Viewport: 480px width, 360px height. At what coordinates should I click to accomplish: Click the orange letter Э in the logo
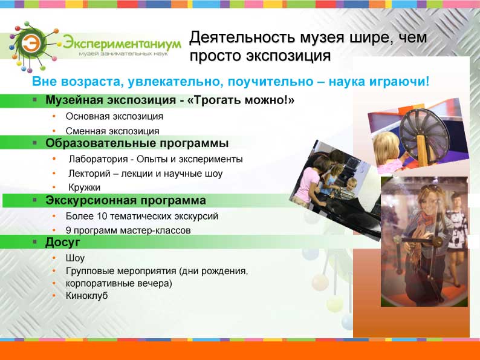[31, 43]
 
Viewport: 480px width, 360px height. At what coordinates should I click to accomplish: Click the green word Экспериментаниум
[122, 43]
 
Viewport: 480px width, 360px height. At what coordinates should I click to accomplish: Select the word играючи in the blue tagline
[399, 82]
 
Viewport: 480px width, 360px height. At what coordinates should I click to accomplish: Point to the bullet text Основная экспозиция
[114, 116]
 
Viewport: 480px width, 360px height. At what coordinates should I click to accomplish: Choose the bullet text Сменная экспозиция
[112, 131]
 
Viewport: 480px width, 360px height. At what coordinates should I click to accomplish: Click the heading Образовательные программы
[137, 143]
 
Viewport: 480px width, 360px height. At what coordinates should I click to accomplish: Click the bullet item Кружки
[84, 187]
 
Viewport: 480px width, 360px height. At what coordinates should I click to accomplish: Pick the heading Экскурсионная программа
[126, 200]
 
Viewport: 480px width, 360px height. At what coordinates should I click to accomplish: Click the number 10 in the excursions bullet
[102, 216]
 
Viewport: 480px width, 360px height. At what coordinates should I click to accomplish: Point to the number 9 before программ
[68, 230]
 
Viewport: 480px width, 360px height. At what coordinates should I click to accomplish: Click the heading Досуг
[62, 243]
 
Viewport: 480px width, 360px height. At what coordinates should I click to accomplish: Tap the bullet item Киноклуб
[86, 296]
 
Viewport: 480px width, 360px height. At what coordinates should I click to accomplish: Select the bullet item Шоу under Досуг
[75, 258]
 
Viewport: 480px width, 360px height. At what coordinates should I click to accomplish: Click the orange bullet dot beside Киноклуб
[54, 296]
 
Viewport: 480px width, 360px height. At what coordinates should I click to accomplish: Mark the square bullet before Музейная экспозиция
[35, 100]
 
